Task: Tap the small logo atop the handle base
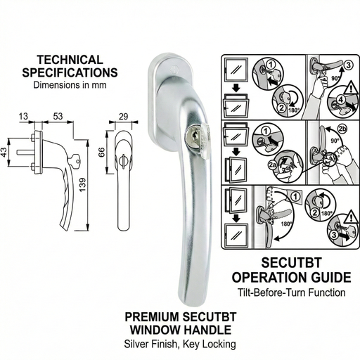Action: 169,70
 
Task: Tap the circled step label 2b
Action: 342,129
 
